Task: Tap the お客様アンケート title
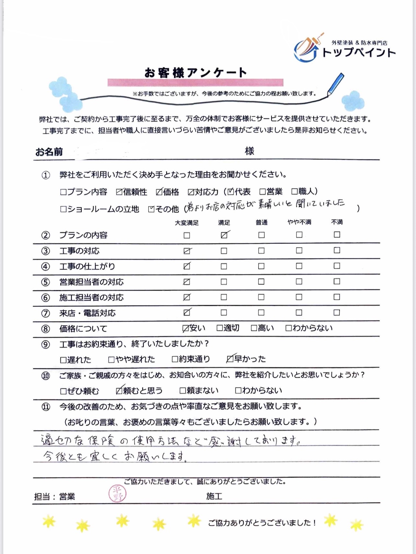195,73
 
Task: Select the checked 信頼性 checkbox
119,192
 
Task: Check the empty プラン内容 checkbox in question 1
63,192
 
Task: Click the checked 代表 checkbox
230,192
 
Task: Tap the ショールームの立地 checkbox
63,209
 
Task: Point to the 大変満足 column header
187,223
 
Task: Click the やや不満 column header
299,222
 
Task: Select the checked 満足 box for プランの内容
224,235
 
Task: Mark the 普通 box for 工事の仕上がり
261,266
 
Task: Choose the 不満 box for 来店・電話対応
337,313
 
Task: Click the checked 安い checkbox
186,329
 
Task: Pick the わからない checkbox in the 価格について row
288,328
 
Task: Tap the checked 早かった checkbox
230,359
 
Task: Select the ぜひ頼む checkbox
63,391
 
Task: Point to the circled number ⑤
45,282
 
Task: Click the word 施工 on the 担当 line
214,496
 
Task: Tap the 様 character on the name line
249,151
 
